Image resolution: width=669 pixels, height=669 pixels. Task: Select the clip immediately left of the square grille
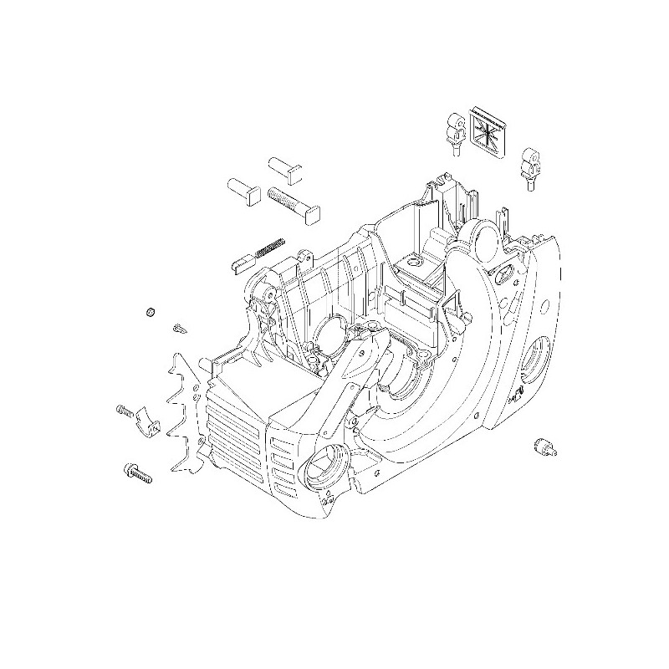click(x=456, y=133)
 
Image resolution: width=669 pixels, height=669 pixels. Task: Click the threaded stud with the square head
click(x=290, y=203)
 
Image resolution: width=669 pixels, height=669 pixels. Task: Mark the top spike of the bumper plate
click(x=178, y=358)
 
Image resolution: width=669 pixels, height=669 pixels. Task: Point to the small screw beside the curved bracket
click(x=122, y=410)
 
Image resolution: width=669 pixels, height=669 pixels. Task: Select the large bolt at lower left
click(x=138, y=472)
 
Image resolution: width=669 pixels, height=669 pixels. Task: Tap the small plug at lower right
click(x=542, y=446)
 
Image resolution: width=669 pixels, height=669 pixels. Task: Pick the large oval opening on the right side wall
click(x=532, y=361)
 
